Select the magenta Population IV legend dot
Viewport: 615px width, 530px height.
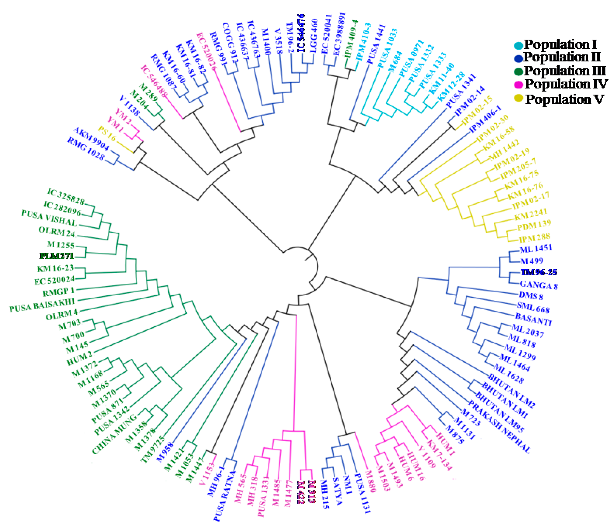pos(519,84)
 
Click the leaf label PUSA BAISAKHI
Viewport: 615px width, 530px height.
pos(42,305)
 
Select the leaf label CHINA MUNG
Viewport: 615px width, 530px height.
pos(114,434)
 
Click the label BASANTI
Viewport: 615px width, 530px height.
pos(533,319)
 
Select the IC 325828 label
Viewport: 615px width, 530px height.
pos(66,196)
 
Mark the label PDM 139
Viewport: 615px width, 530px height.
pos(534,226)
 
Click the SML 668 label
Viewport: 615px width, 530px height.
pos(533,308)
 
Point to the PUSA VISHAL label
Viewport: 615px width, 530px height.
pos(49,218)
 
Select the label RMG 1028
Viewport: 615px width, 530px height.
pos(86,149)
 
